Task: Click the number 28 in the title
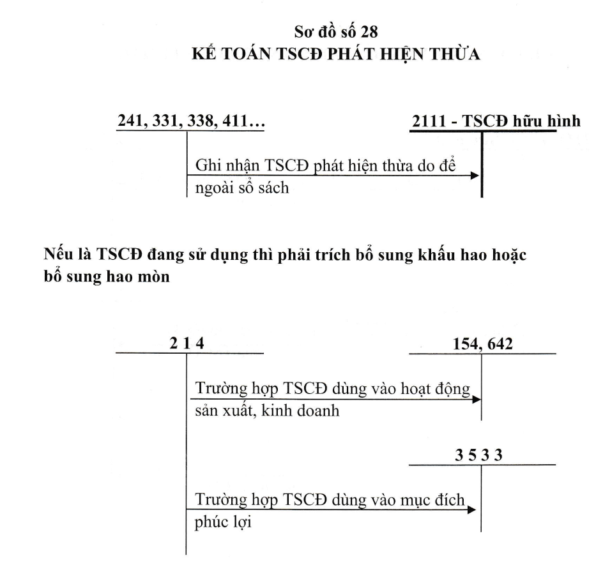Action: click(370, 32)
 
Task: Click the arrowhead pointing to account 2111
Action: click(475, 176)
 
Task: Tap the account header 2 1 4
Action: click(187, 343)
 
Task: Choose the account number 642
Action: click(499, 343)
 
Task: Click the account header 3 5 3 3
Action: click(479, 455)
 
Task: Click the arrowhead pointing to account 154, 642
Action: click(477, 400)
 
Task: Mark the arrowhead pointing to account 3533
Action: click(472, 510)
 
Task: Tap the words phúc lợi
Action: click(223, 522)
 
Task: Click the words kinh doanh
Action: click(300, 411)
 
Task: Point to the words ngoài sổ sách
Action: click(242, 188)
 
